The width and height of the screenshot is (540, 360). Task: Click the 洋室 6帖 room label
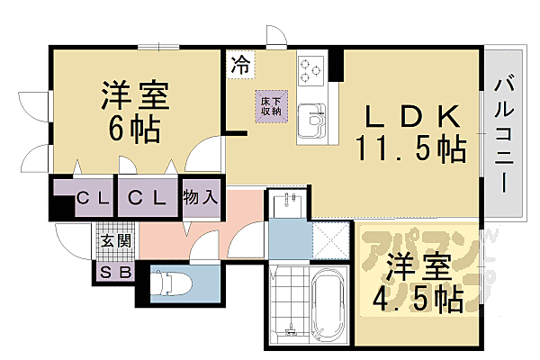click(131, 112)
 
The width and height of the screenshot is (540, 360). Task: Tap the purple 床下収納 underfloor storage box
click(270, 103)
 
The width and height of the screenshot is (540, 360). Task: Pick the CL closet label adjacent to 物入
click(146, 197)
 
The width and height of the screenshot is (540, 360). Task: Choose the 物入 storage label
click(200, 197)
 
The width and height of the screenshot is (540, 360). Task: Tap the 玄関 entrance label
click(114, 240)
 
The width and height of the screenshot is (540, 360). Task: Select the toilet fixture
click(168, 283)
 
